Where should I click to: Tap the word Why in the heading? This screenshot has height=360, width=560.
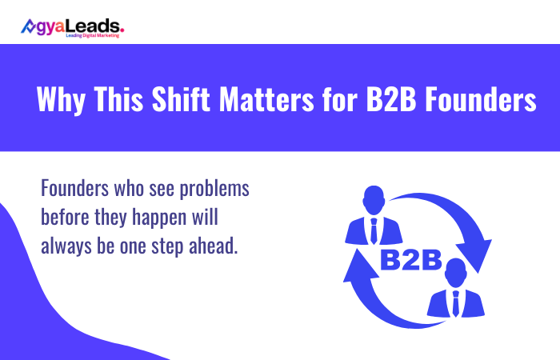(58, 102)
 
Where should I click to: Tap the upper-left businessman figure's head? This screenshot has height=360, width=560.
(374, 198)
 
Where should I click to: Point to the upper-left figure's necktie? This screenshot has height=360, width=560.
(374, 230)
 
